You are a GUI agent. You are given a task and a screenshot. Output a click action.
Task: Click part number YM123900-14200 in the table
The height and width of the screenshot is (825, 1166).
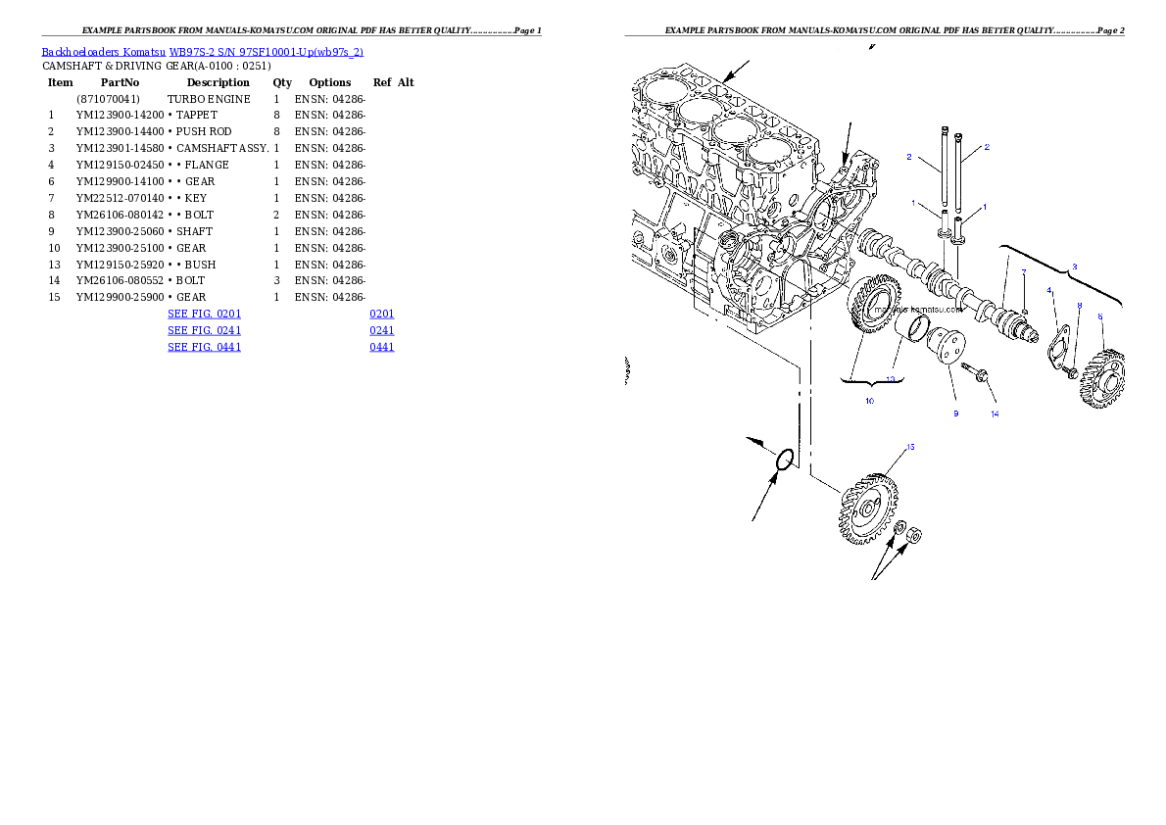pos(120,116)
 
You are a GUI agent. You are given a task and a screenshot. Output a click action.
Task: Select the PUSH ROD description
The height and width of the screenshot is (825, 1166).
pos(204,131)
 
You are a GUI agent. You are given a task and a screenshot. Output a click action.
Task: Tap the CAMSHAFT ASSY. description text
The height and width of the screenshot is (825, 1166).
pos(222,148)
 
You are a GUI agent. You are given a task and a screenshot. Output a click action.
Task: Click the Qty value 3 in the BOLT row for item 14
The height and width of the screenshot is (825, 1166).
pos(276,280)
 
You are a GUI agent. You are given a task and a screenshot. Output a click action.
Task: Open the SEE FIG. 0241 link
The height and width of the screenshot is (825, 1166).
pos(205,330)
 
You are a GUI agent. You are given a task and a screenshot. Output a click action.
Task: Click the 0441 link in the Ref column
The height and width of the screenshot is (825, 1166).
pos(381,347)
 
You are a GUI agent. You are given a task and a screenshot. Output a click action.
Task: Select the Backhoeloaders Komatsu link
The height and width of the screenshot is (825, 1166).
pos(103,52)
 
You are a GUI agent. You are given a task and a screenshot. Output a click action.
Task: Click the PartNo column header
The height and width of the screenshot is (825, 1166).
pos(120,82)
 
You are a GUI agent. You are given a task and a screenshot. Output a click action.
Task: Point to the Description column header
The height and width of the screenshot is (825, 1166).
pos(218,82)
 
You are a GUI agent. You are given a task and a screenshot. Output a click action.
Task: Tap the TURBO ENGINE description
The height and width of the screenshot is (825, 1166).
pos(209,99)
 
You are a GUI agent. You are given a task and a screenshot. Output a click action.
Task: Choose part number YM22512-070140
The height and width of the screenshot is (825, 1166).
pos(120,198)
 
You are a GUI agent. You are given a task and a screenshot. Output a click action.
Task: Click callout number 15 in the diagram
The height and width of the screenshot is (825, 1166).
pos(910,447)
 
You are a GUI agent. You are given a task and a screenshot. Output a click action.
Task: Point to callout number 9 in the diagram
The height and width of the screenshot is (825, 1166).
pos(956,413)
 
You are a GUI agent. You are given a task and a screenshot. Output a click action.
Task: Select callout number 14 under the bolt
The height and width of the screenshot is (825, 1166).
pos(995,413)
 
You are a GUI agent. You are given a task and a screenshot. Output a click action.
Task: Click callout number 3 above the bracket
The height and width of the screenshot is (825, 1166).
pos(1074,267)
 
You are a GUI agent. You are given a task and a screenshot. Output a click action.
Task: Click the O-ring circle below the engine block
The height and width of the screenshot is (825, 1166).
pos(785,460)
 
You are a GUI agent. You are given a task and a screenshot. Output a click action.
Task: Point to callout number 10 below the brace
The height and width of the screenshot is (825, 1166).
pos(869,401)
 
